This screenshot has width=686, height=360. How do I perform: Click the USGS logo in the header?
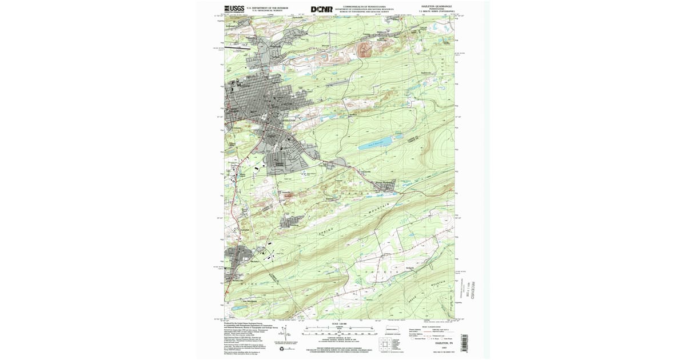[234, 9]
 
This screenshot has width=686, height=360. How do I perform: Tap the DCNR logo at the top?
[321, 9]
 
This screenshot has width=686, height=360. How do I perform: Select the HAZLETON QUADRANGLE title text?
[437, 7]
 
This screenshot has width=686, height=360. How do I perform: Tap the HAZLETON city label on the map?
[291, 121]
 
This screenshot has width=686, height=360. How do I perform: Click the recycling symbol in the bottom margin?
[290, 347]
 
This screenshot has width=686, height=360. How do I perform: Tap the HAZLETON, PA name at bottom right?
[437, 341]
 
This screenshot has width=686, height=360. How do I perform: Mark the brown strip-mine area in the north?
[364, 50]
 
